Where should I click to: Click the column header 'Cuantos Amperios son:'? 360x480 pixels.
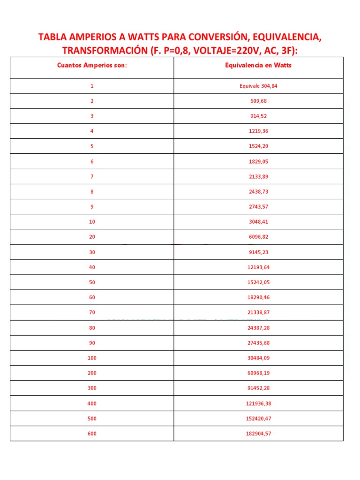coord(92,65)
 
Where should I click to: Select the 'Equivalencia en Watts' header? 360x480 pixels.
coord(258,65)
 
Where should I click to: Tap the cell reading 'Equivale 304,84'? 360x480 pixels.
coord(258,86)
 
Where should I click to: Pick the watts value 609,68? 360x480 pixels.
coord(258,101)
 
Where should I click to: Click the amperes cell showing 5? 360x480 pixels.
coord(92,146)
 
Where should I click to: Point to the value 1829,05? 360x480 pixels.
coord(258,161)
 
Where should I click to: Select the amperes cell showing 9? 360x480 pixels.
coord(92,206)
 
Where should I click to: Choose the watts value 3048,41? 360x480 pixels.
coord(258,222)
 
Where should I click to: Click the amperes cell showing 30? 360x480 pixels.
coord(92,252)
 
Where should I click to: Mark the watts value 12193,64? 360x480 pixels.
coord(258,267)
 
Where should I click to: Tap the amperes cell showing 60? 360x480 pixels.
coord(92,297)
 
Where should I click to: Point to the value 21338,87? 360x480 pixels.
coord(258,312)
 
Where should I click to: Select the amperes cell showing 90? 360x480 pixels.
coord(92,343)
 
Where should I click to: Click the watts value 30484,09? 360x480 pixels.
coord(258,358)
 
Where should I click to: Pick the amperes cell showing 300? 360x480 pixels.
coord(92,388)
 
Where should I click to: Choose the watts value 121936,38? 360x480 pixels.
coord(258,403)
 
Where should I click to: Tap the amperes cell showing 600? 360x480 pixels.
coord(92,434)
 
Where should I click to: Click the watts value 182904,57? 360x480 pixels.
coord(258,434)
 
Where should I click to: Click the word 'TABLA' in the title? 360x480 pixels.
coord(53,37)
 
